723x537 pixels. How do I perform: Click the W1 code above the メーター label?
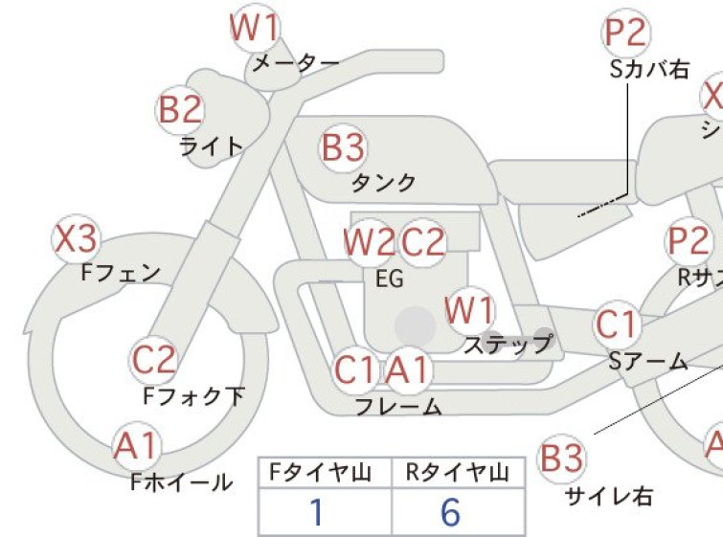point(256,28)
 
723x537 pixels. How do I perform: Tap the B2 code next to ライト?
point(180,110)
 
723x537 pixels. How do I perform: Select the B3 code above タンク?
point(344,148)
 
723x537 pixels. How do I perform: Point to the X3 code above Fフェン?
point(76,240)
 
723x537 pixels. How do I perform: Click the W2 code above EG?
point(369,243)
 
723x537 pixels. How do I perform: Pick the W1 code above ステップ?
point(470,311)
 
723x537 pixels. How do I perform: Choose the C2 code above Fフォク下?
point(154,361)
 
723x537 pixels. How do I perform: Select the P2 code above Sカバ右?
point(626,34)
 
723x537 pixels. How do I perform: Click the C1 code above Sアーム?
point(617,325)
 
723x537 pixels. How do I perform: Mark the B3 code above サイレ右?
point(561,459)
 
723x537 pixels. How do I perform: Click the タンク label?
point(384,182)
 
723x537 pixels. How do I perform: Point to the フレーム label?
point(398,406)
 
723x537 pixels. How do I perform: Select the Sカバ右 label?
point(648,69)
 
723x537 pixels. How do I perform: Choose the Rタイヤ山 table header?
point(457,472)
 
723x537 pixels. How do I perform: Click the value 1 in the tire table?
point(316,514)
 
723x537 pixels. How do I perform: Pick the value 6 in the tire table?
point(450,514)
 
